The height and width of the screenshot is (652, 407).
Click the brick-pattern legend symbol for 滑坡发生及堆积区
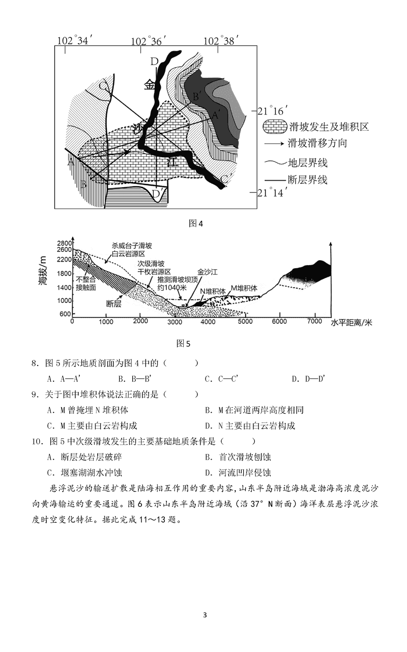[274, 126]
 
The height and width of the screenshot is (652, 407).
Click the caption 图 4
[196, 223]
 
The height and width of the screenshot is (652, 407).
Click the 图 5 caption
[183, 343]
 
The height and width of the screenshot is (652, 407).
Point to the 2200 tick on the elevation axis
[64, 260]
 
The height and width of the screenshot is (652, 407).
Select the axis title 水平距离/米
[351, 323]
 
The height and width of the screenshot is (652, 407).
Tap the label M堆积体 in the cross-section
[244, 288]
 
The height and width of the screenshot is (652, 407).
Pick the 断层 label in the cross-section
[114, 304]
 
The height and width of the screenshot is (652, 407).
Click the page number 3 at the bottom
[205, 614]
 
